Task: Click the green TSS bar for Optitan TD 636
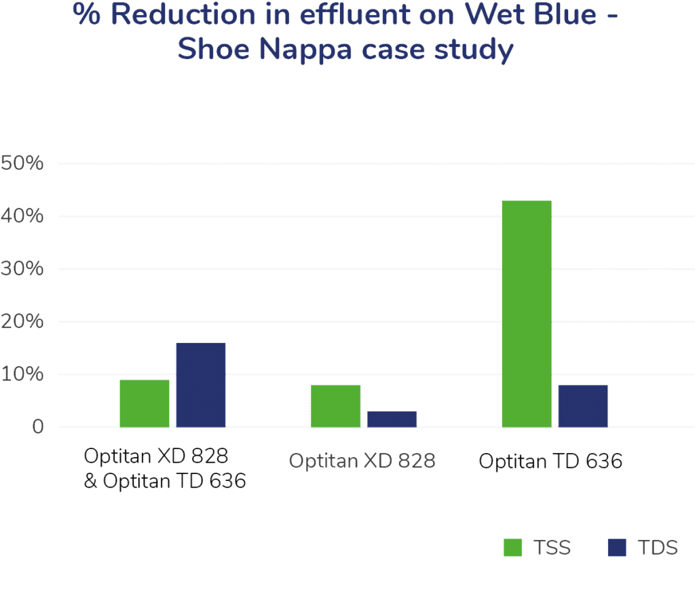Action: point(527,314)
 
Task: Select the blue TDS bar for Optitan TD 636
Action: point(583,406)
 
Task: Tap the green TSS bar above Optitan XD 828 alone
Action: point(335,406)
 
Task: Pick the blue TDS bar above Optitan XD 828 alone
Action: point(392,419)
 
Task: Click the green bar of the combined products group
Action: point(145,404)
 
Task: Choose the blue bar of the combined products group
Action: point(201,385)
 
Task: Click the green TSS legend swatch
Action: point(513,548)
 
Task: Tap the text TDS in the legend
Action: point(658,548)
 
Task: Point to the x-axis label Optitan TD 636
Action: point(550,461)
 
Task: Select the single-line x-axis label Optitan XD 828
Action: point(362,461)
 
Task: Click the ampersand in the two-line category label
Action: point(91,482)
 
